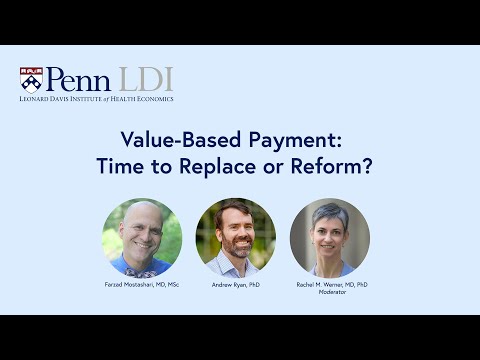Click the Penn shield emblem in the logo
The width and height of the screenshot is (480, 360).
(31, 79)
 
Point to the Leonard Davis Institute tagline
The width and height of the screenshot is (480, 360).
(96, 99)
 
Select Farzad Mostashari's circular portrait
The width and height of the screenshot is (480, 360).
(142, 237)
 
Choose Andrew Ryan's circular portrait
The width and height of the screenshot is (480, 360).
(236, 237)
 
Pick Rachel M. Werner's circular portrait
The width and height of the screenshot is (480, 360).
(330, 237)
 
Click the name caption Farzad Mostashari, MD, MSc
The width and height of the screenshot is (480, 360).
(142, 285)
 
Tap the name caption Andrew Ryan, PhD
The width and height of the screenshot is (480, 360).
(236, 285)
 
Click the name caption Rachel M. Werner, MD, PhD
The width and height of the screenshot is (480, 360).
(330, 285)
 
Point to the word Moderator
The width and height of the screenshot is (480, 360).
(330, 293)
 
